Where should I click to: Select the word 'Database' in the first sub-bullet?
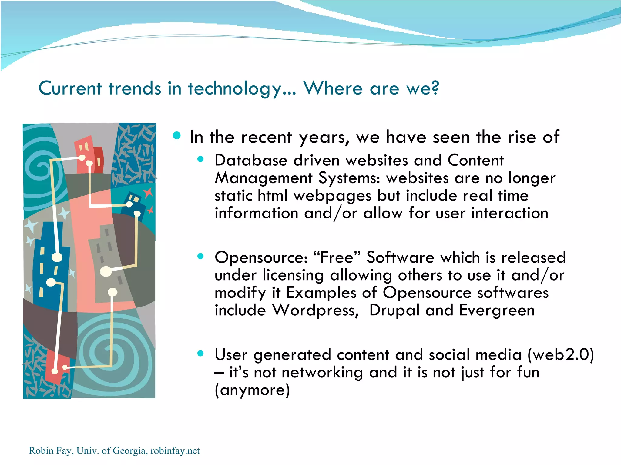[251, 160]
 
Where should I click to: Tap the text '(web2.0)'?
[560, 355]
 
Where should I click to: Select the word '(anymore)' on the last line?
[252, 390]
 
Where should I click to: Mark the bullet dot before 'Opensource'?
[200, 257]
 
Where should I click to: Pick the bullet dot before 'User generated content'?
[200, 354]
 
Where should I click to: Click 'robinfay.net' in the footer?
[175, 451]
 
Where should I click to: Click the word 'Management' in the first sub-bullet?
[263, 178]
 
